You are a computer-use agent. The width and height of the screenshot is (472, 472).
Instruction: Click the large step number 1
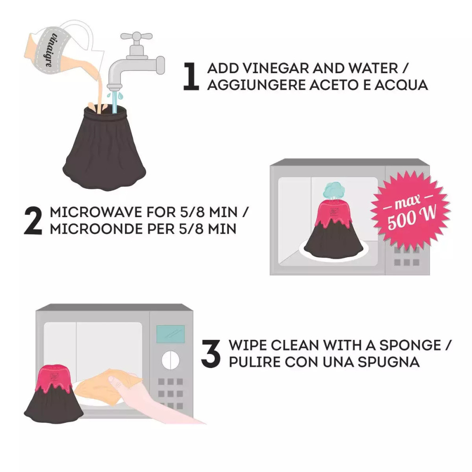coord(191,76)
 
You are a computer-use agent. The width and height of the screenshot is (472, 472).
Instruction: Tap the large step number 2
coord(34,219)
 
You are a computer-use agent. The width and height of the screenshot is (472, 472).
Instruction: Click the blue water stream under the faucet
coord(114,101)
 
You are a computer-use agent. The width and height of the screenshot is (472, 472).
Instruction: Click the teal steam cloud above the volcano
coord(334,189)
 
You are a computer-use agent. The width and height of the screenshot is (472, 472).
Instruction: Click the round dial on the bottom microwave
coord(170,360)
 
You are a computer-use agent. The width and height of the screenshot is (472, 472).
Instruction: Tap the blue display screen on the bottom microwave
coord(169,334)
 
